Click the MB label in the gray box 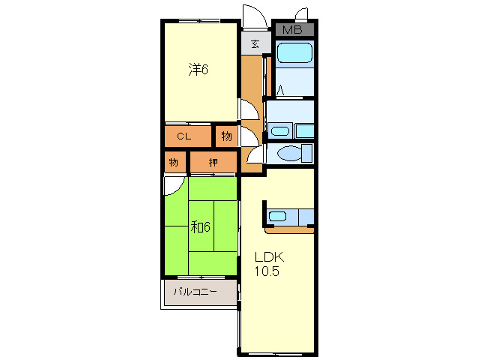[x=292, y=29]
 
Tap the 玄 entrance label [x=255, y=44]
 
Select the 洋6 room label [x=198, y=69]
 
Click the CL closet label [x=184, y=136]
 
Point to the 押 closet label [x=213, y=162]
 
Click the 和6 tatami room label [x=200, y=226]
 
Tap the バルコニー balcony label [x=195, y=292]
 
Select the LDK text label [x=269, y=257]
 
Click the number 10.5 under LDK [x=267, y=271]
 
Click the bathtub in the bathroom [x=294, y=52]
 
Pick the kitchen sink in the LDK [x=277, y=216]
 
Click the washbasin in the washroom [x=280, y=131]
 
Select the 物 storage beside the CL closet [x=226, y=136]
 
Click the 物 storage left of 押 [x=174, y=162]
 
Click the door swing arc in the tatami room [x=178, y=189]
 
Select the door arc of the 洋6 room [x=254, y=106]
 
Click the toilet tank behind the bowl [x=306, y=153]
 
